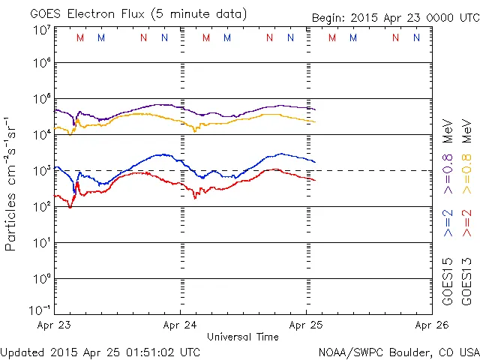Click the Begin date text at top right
[x=395, y=18]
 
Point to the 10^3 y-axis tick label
[x=41, y=170]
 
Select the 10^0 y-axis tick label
[x=41, y=278]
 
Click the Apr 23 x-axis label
[x=56, y=326]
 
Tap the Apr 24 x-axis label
[x=181, y=326]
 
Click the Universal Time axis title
[x=243, y=337]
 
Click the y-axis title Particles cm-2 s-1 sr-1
[x=12, y=183]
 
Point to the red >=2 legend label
[x=468, y=223]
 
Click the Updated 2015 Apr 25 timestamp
[x=100, y=351]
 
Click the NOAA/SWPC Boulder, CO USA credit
[x=398, y=351]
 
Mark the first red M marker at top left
[x=80, y=37]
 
